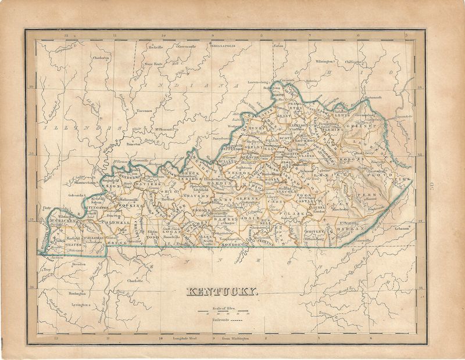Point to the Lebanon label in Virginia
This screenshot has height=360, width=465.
(x=404, y=228)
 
